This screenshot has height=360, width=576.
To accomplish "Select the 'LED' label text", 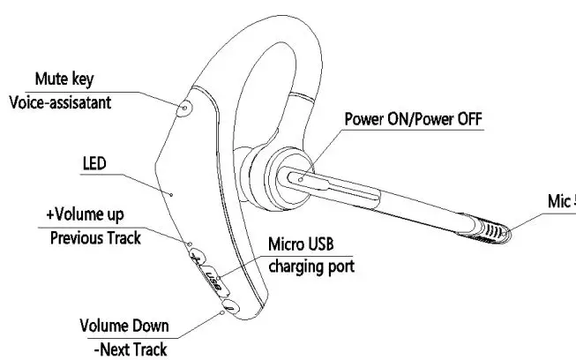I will (94, 164).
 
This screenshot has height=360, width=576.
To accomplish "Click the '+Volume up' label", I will (86, 214).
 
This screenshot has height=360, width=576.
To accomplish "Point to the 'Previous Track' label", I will (95, 236).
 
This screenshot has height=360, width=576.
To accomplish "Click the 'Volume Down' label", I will (124, 326).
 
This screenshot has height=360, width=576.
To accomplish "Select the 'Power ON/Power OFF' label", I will (414, 118).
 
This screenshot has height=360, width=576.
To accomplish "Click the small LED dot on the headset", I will (173, 191).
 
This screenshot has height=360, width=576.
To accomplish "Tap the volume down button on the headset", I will (228, 305).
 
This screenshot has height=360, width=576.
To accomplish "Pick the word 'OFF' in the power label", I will (468, 118).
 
